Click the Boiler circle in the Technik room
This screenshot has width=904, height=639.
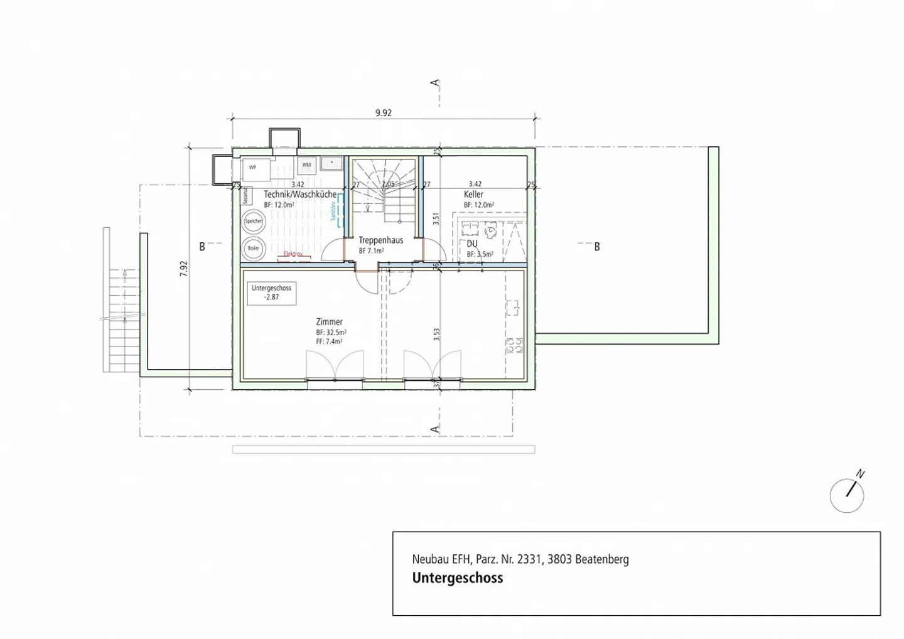[254, 248]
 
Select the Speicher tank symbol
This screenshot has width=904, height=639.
[254, 222]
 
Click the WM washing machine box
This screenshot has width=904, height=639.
[306, 165]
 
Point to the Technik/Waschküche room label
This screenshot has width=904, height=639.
[299, 195]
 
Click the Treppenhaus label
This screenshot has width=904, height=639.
[380, 240]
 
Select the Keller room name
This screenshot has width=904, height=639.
[473, 195]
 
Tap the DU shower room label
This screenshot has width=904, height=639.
[472, 244]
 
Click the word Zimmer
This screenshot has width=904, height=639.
[329, 322]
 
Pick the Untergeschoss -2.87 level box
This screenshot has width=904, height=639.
[271, 293]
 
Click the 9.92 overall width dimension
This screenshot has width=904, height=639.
[383, 113]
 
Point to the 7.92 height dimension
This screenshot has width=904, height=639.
[184, 269]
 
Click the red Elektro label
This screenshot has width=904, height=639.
[293, 254]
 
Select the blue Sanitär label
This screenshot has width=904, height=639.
[333, 210]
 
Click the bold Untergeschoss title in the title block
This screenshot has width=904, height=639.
[457, 578]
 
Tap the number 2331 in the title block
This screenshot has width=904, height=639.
[529, 559]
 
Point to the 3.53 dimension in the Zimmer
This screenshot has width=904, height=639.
[436, 334]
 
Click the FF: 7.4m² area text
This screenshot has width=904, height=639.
[329, 341]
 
